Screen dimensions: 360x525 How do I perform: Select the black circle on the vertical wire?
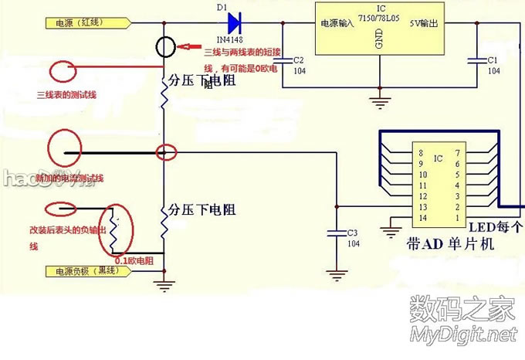[x=168, y=48]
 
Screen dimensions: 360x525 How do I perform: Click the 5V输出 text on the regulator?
[x=423, y=24]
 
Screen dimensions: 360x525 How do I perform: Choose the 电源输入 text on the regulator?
[x=336, y=24]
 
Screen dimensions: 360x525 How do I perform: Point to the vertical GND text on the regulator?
[x=379, y=40]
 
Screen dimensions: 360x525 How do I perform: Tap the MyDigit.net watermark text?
[x=461, y=335]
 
